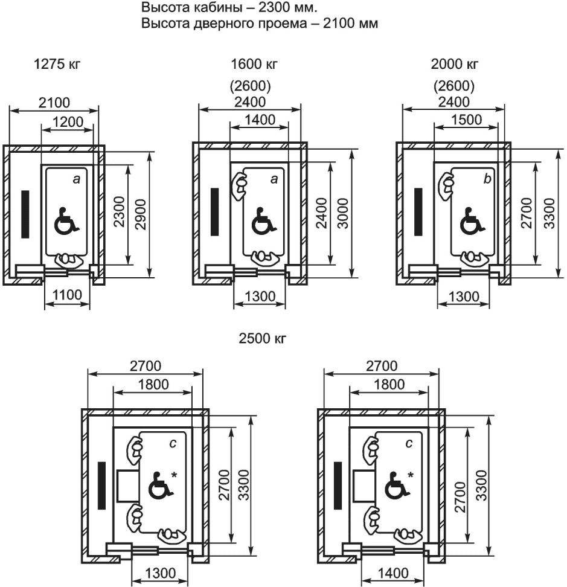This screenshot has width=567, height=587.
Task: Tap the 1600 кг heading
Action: click(250, 63)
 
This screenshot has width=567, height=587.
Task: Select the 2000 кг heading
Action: click(453, 63)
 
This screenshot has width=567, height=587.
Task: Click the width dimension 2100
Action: click(54, 102)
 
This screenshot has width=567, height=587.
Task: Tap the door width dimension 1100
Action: click(67, 296)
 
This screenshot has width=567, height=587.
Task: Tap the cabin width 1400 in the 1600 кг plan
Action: click(259, 120)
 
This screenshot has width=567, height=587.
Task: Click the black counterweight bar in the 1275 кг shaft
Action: click(25, 214)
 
